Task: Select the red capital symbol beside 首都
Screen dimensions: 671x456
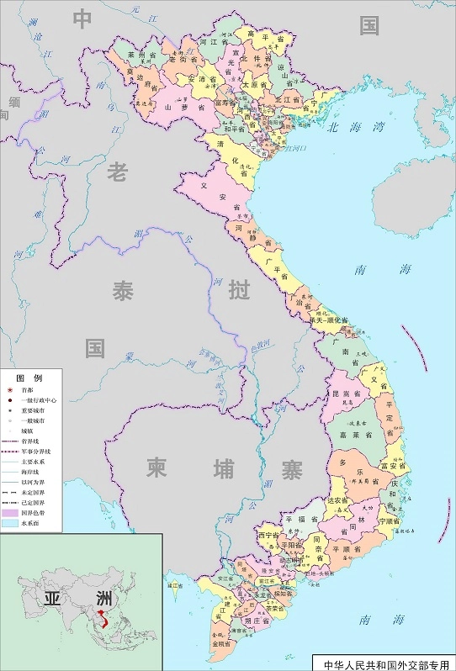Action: click(x=10, y=390)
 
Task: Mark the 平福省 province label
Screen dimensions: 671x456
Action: click(x=304, y=519)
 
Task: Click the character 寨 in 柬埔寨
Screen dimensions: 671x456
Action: click(x=291, y=470)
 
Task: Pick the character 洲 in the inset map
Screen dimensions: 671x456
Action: click(x=103, y=599)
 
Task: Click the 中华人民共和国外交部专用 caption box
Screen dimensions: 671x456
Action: click(x=384, y=663)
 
